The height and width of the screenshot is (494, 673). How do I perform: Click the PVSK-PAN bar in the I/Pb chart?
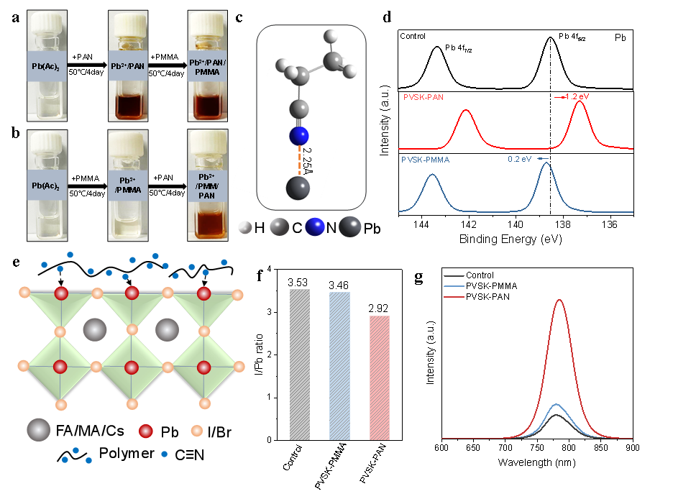click(380, 378)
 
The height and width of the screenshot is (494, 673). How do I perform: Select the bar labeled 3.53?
click(300, 365)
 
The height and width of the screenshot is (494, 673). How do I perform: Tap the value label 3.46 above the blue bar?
click(339, 285)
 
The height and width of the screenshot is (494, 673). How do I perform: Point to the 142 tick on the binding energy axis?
click(468, 224)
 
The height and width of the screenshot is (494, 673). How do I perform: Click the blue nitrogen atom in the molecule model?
click(298, 136)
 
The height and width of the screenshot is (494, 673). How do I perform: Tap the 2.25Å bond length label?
click(307, 160)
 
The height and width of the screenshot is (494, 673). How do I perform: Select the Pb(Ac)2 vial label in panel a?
click(46, 67)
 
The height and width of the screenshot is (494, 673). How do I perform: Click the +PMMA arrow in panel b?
click(88, 186)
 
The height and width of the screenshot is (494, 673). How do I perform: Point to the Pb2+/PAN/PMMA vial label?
click(207, 68)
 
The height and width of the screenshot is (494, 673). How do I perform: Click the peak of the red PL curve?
click(559, 300)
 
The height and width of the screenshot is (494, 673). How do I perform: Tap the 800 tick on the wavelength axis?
click(569, 448)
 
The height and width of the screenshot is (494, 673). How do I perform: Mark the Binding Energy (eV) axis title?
click(511, 239)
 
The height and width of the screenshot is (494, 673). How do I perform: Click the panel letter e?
click(17, 262)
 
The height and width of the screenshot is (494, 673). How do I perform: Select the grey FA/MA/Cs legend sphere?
click(39, 429)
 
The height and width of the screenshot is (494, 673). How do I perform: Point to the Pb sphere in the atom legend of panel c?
click(350, 227)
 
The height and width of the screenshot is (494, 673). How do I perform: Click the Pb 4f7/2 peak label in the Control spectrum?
click(459, 48)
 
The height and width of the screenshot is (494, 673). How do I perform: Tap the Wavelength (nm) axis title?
click(536, 462)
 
